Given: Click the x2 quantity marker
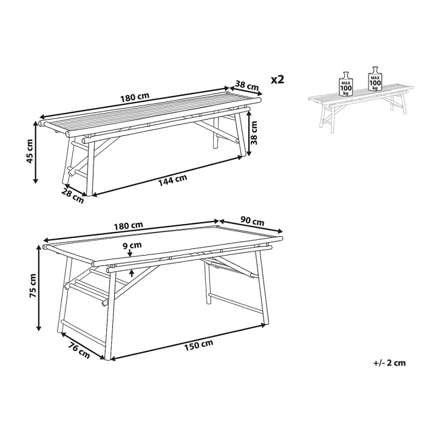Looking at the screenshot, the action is tap(277, 80).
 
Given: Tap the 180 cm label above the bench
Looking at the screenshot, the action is tap(135, 97).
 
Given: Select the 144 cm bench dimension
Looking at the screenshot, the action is tap(172, 180).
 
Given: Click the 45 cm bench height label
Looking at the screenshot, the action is tap(30, 151).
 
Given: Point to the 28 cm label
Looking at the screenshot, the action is tap(73, 195).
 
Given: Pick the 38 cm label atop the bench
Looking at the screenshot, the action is tap(247, 85).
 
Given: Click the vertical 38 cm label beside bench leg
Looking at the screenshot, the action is tap(253, 133).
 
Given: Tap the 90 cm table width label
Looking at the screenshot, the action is tap(253, 222).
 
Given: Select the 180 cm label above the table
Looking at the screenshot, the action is tap(128, 225).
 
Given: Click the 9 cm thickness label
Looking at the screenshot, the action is tap(132, 245).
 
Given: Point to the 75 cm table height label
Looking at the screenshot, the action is tap(33, 286).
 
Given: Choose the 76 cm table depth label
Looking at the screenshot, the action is tap(79, 350).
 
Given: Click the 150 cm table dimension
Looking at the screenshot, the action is tap(199, 345).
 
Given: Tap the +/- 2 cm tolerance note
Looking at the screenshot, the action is tap(390, 363).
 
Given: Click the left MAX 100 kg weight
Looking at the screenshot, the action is tap(346, 84).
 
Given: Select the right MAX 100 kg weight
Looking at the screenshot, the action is tap(375, 78).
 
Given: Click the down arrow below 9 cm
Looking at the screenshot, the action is tap(130, 253).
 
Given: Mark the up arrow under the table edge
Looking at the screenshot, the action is tap(132, 273).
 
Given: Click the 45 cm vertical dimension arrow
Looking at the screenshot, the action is tap(35, 152).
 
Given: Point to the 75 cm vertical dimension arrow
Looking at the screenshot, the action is tap(39, 288).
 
